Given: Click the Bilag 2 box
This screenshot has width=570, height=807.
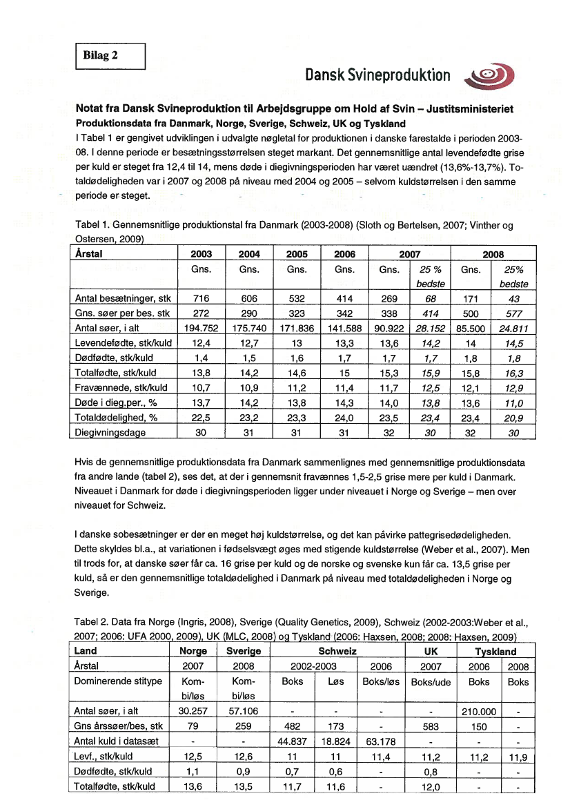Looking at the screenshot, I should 110,56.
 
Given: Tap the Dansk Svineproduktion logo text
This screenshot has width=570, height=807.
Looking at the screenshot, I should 377,76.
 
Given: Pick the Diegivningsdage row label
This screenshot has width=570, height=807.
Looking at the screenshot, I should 110,434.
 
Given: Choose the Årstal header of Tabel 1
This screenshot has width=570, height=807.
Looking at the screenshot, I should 88,254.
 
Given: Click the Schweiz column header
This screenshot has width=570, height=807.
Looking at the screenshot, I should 337,651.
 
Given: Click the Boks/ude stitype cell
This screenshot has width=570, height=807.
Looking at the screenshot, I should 430,681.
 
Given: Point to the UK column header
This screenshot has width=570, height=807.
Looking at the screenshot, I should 430,651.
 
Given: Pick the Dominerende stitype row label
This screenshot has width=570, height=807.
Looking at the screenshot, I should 117,681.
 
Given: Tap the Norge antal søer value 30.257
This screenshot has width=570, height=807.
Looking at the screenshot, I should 193,710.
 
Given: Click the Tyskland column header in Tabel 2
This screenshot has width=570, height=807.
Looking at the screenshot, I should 495,651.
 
